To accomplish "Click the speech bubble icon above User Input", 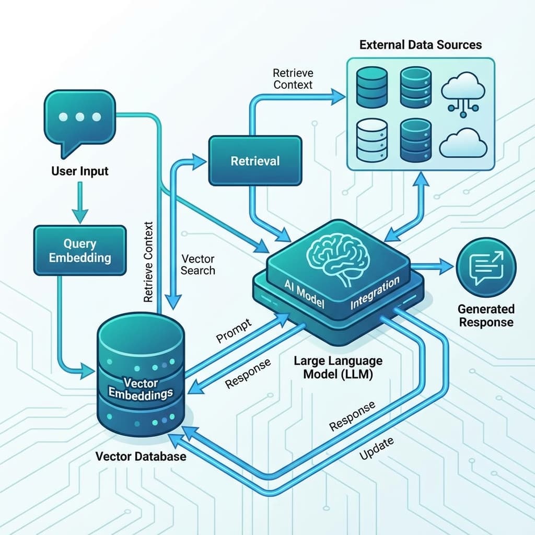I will [79, 119].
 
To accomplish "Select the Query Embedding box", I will [79, 250].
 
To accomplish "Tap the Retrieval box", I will [255, 160].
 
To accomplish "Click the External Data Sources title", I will [421, 44].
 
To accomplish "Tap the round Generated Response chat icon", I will [486, 266].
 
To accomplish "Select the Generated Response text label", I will [486, 316].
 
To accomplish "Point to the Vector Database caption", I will [141, 456].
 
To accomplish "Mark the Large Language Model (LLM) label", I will [338, 368].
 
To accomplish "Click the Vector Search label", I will [197, 264].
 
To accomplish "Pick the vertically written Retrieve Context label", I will [148, 262].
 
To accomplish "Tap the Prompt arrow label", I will [234, 330].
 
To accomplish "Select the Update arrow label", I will [377, 448].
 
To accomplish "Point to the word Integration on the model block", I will [375, 293].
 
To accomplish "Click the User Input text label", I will [80, 171].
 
